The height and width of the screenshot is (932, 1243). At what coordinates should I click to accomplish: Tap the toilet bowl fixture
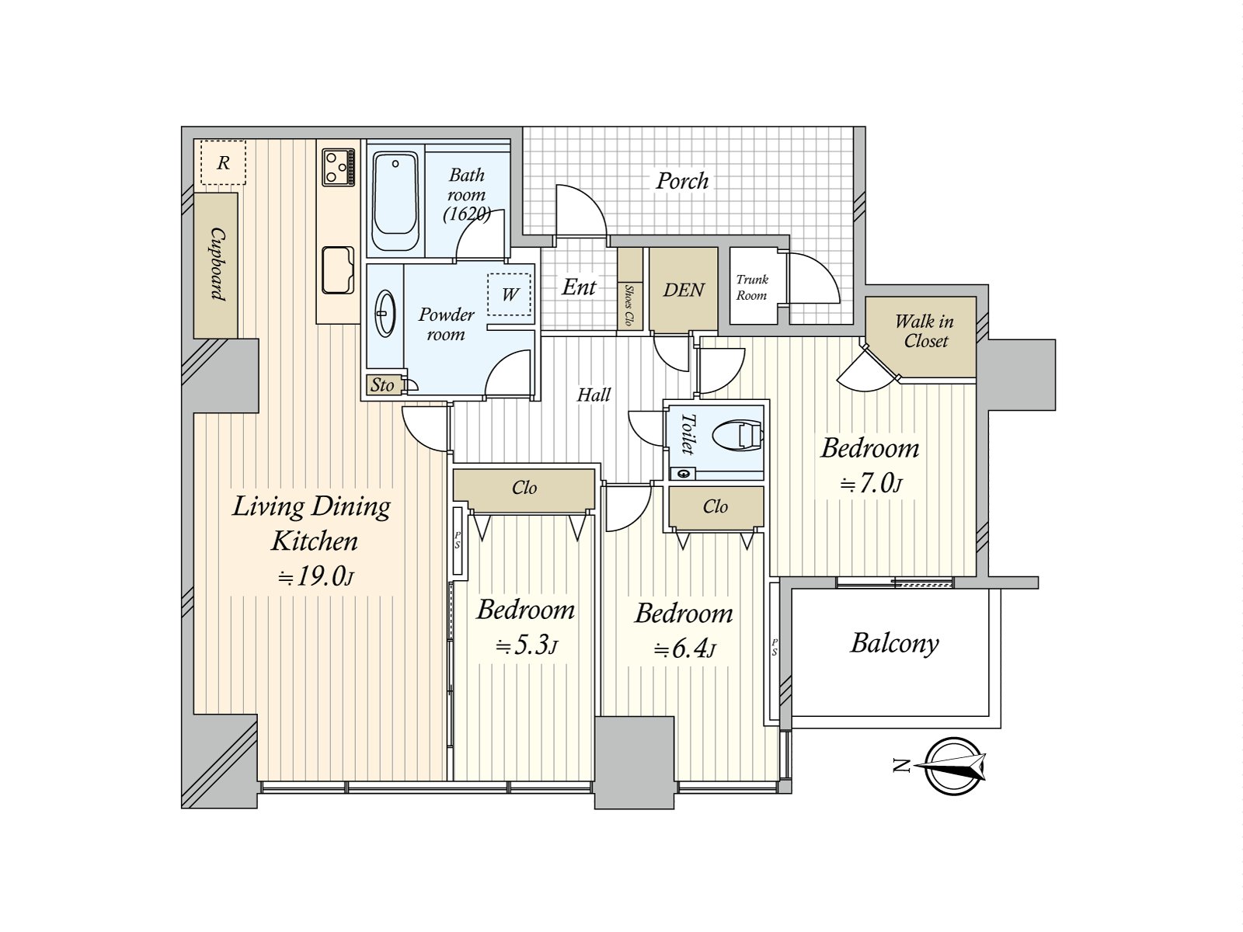[736, 436]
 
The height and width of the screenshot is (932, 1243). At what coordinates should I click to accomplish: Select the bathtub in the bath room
[395, 201]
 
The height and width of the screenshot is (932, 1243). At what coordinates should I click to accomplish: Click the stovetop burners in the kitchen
[338, 167]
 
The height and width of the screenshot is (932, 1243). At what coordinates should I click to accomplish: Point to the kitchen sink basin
[337, 270]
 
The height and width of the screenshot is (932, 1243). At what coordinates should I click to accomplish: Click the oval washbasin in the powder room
[385, 314]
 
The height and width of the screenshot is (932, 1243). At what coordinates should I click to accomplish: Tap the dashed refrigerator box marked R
[223, 162]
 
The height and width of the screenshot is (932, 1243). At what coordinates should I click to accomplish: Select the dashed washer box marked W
[509, 294]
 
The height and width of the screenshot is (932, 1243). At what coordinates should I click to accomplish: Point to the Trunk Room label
[752, 287]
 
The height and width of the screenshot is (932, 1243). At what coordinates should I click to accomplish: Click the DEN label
[684, 290]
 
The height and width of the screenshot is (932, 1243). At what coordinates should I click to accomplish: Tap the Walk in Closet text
[924, 331]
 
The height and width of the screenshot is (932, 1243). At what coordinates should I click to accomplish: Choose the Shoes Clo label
[628, 305]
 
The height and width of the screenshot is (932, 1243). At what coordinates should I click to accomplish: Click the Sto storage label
[382, 385]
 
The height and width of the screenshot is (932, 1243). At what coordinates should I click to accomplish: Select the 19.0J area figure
[316, 576]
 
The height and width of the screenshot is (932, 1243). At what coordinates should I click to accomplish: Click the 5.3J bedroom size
[527, 645]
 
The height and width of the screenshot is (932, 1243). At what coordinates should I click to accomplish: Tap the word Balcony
[894, 643]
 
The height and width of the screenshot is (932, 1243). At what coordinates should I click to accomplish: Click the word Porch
[682, 181]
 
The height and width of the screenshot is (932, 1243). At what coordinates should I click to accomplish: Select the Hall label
[594, 395]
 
